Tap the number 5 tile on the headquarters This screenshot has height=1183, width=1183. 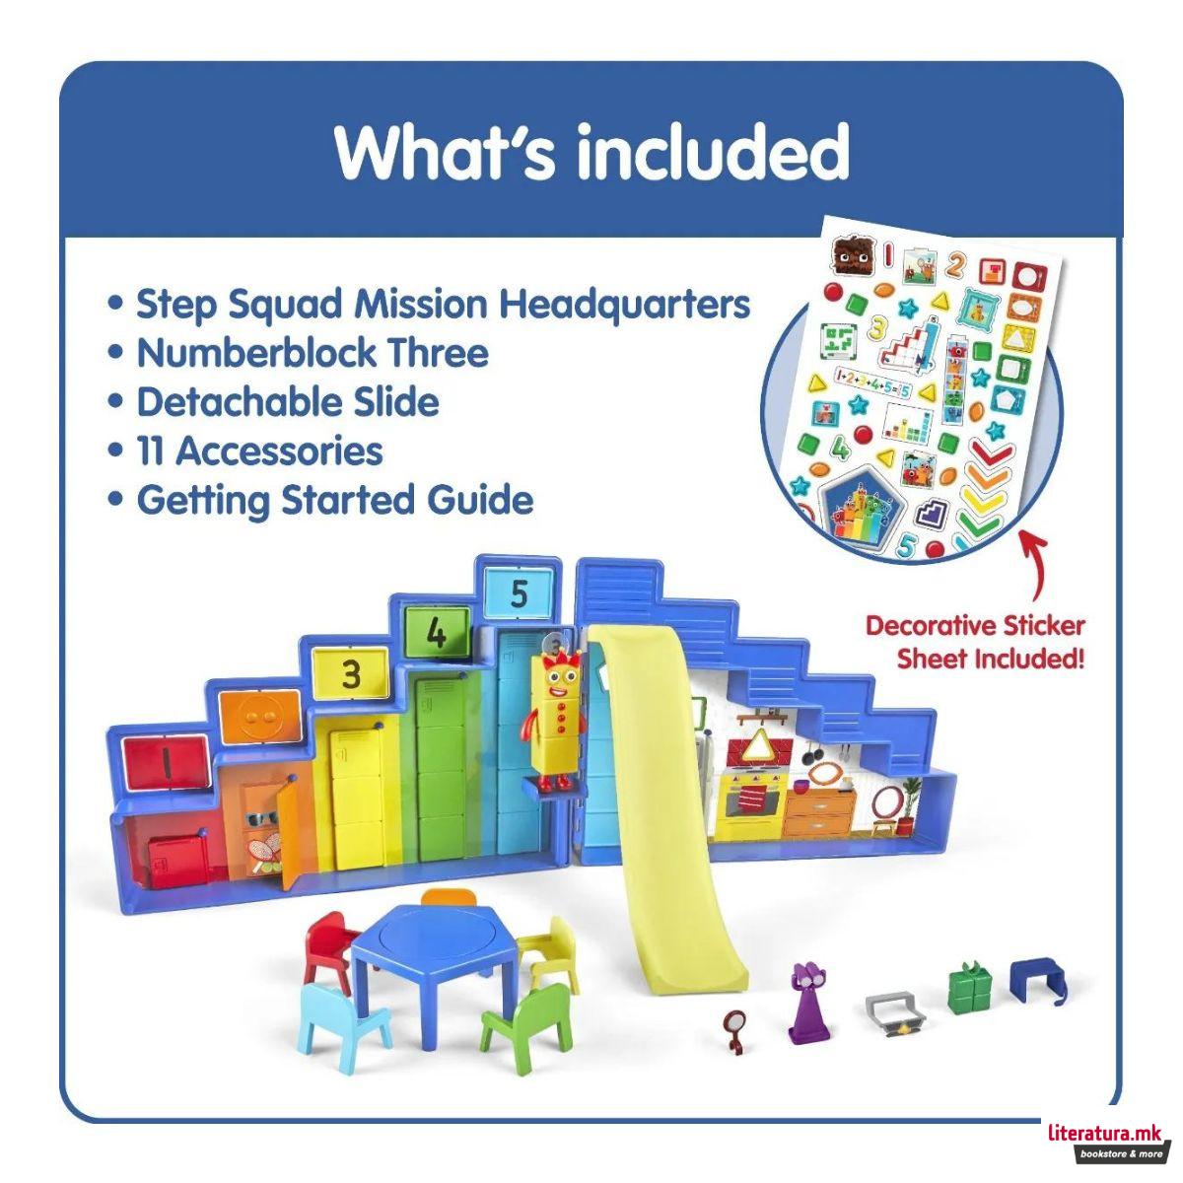coord(520,594)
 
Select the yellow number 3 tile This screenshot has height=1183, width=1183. coord(351,674)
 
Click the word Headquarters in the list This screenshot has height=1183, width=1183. coord(624,304)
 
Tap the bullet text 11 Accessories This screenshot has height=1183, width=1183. coord(259,451)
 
